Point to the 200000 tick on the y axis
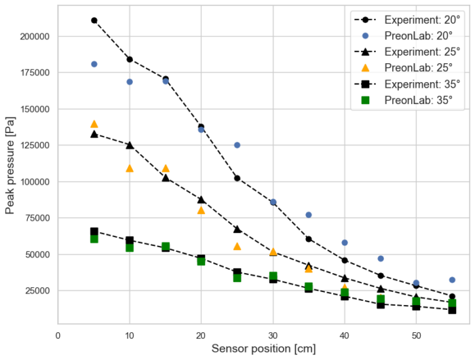point(33,36)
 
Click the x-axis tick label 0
point(58,335)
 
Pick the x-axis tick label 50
point(416,335)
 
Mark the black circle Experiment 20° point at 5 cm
point(94,20)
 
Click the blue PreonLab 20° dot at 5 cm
point(94,64)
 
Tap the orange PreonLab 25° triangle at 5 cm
point(94,124)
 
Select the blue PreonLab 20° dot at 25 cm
point(237,145)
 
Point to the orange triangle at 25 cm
point(237,246)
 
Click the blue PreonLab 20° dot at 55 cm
point(452,280)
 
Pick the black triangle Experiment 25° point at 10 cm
point(130,145)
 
